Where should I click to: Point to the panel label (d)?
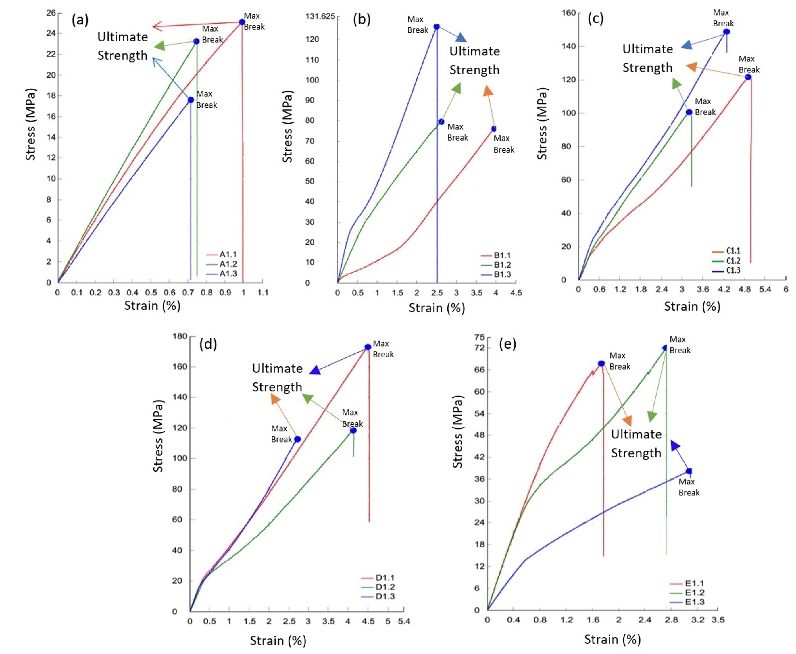[x=208, y=344]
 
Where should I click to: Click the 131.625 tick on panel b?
[x=320, y=16]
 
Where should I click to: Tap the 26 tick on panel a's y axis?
[x=51, y=13]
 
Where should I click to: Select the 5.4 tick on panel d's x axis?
[x=404, y=621]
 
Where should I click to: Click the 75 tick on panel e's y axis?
[x=480, y=337]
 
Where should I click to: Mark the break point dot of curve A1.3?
[x=191, y=100]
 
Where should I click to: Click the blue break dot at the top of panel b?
[x=437, y=27]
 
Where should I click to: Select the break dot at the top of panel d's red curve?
[x=368, y=347]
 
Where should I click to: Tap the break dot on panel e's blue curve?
[x=689, y=471]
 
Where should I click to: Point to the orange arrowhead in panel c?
[x=691, y=67]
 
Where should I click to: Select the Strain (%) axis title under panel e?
[x=612, y=639]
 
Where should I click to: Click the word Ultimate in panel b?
[x=474, y=51]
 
